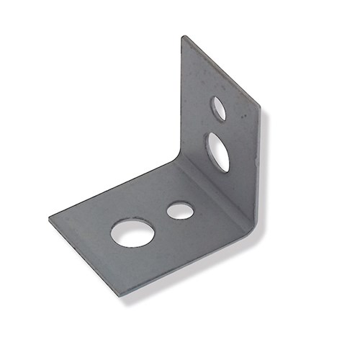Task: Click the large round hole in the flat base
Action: pyautogui.click(x=132, y=233)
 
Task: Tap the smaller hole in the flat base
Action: pyautogui.click(x=180, y=211)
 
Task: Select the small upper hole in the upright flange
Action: pyautogui.click(x=218, y=108)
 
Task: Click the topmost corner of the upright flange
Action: pyautogui.click(x=184, y=37)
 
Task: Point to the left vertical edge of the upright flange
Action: pyautogui.click(x=181, y=101)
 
